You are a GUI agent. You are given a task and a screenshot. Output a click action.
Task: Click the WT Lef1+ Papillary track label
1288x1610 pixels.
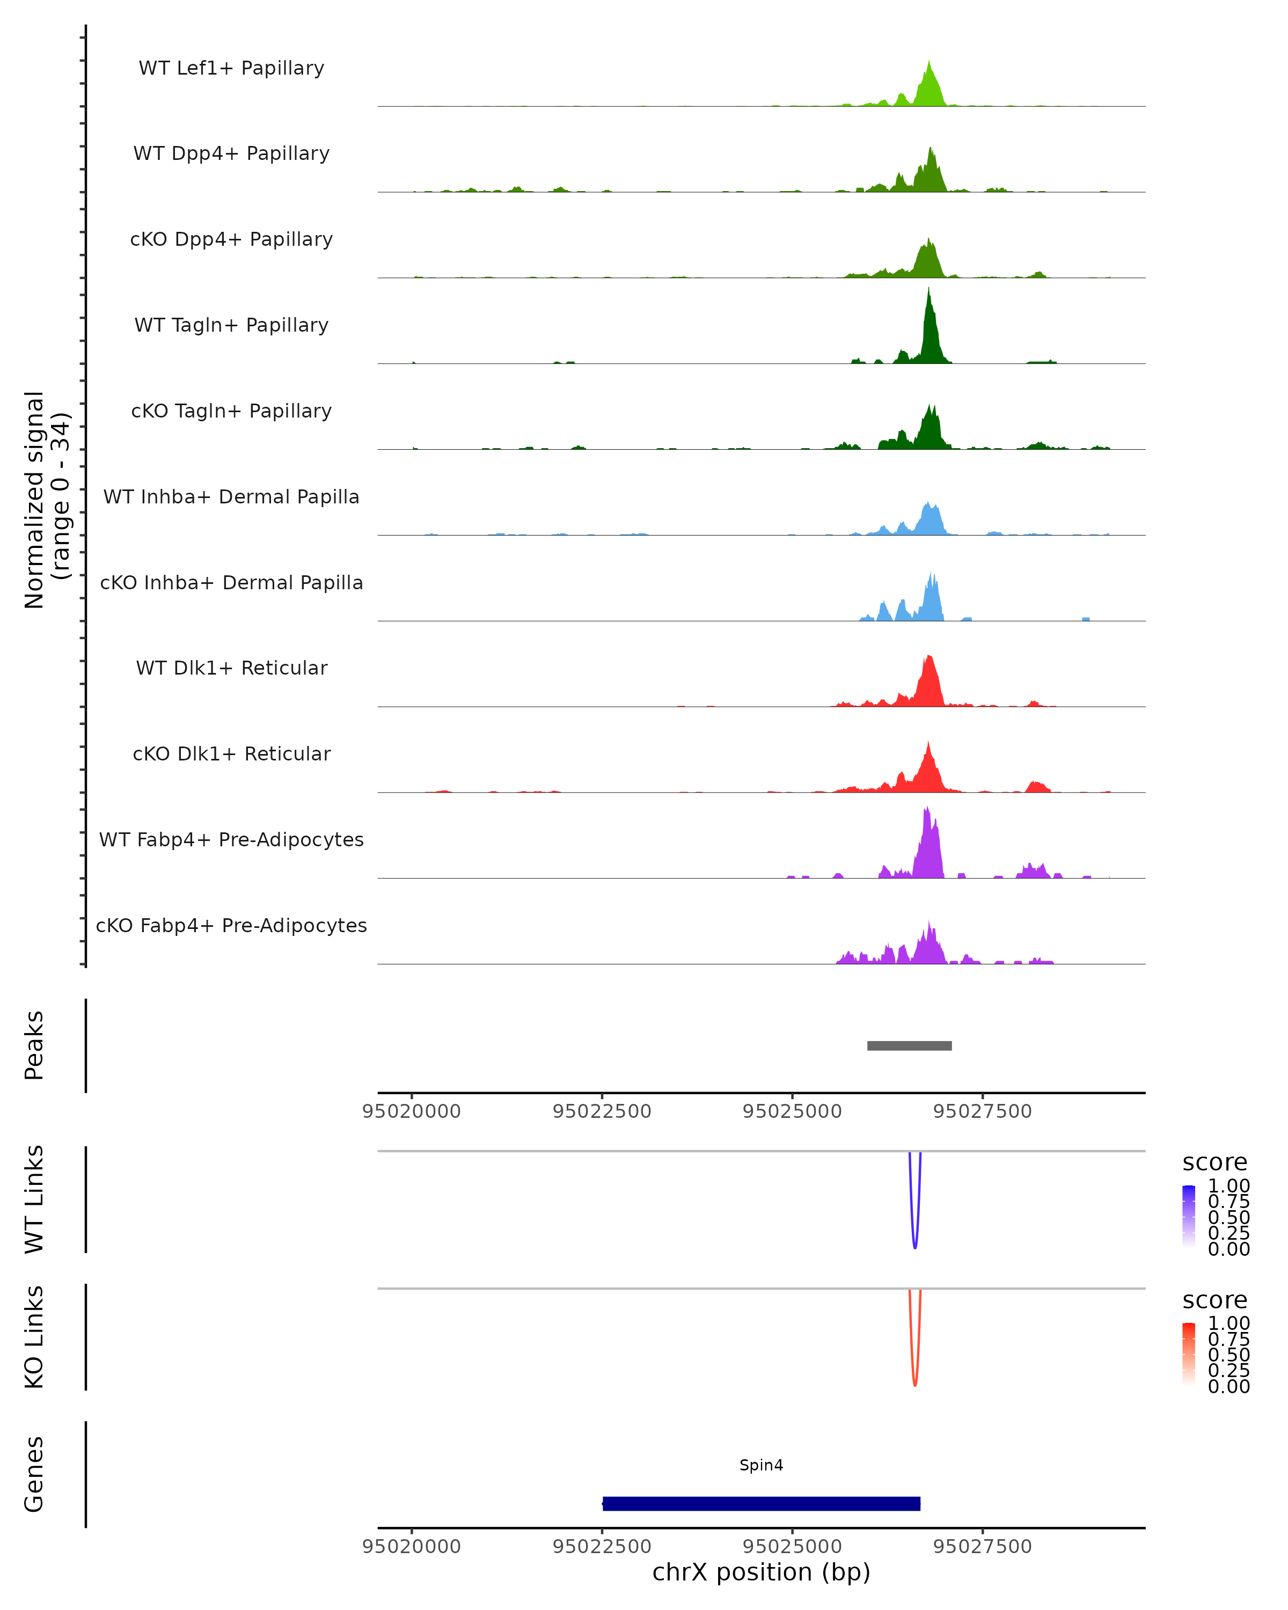pos(231,68)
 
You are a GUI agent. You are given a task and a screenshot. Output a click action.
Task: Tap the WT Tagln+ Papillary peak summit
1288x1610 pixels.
pos(928,291)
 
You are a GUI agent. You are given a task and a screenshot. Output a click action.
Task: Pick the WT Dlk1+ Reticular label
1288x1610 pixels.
pos(231,668)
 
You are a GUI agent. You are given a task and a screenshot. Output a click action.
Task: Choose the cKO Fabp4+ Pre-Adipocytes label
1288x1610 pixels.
pos(231,925)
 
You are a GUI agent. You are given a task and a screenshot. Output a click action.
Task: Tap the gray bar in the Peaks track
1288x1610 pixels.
pos(909,1045)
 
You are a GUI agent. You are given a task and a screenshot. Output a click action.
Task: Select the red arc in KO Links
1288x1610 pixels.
pos(914,1383)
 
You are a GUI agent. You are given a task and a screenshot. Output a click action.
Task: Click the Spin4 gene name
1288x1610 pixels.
pos(761,1465)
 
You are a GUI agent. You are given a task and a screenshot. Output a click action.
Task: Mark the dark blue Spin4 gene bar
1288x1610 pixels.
pos(761,1503)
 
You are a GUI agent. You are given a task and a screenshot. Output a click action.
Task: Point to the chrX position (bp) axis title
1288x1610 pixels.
pos(761,1572)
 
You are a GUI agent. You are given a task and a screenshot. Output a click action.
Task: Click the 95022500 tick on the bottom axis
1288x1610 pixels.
pos(602,1546)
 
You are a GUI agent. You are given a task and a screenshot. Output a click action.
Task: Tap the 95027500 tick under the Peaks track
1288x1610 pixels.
pos(982,1111)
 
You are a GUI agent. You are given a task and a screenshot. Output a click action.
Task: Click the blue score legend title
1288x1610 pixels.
pos(1214,1162)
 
